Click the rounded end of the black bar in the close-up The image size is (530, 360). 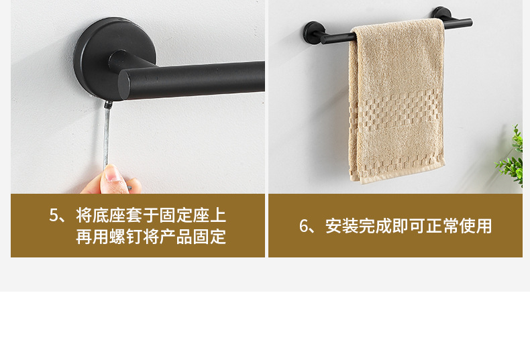128,84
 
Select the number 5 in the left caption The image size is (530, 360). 54,216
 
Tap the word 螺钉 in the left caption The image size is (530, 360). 134,237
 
